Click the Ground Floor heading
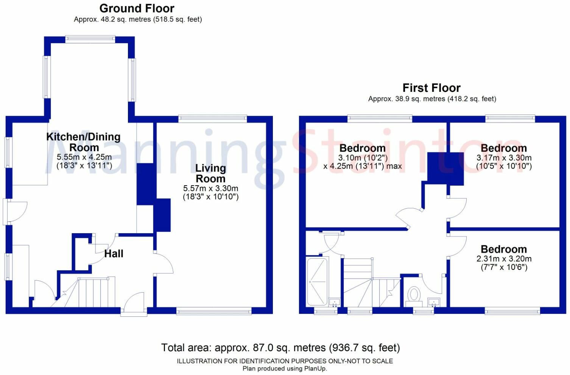point(137,8)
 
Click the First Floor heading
point(431,88)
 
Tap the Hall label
point(114,254)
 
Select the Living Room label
point(210,174)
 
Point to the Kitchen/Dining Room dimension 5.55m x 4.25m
point(84,157)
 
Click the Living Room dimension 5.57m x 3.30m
point(211,188)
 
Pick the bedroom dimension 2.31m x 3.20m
point(504,259)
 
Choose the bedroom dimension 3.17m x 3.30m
point(504,158)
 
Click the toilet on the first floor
point(414,297)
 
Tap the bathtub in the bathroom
point(317,282)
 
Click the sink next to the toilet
point(434,302)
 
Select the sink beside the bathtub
point(334,302)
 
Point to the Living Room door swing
point(164,263)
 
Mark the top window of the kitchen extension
point(90,39)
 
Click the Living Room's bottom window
point(214,311)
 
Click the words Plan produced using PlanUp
point(285,369)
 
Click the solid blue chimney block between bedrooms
point(445,169)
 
